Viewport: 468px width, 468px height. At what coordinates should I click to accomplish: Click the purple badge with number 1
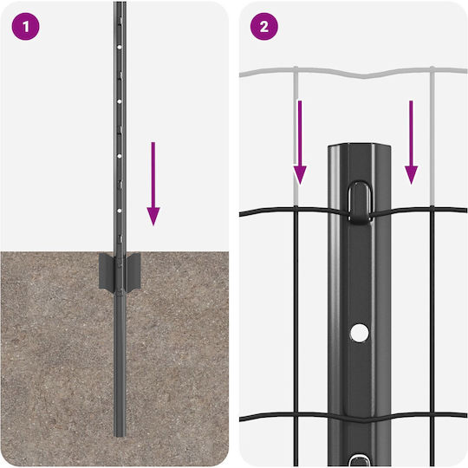pyautogui.click(x=25, y=27)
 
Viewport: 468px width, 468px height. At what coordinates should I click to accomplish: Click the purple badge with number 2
pyautogui.click(x=263, y=27)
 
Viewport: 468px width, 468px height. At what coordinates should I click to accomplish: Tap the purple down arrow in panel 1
pyautogui.click(x=153, y=184)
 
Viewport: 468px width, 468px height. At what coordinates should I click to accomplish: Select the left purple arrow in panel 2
pyautogui.click(x=300, y=142)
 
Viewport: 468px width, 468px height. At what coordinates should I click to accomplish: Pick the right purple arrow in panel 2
pyautogui.click(x=412, y=142)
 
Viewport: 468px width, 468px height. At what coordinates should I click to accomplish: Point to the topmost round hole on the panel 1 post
pyautogui.click(x=120, y=47)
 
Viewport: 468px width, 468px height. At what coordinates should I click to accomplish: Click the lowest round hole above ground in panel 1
pyautogui.click(x=120, y=211)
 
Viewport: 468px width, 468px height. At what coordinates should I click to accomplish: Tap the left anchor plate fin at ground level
pyautogui.click(x=107, y=272)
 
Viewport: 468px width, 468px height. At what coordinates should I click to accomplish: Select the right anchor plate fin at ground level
pyautogui.click(x=133, y=272)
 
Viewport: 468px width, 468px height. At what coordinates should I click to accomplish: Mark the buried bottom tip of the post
pyautogui.click(x=120, y=435)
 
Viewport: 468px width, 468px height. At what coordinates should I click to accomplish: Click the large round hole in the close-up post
pyautogui.click(x=360, y=333)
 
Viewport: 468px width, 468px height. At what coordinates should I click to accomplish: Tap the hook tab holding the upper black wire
pyautogui.click(x=360, y=201)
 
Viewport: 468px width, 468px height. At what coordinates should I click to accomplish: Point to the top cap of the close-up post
pyautogui.click(x=360, y=147)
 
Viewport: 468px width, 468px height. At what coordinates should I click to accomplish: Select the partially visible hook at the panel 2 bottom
pyautogui.click(x=360, y=460)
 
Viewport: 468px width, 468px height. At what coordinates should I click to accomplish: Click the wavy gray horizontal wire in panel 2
pyautogui.click(x=354, y=72)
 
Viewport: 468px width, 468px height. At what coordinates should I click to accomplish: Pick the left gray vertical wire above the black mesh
pyautogui.click(x=296, y=136)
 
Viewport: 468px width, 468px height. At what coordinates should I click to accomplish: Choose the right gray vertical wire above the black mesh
pyautogui.click(x=432, y=136)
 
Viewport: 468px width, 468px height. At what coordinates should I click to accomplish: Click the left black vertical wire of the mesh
pyautogui.click(x=296, y=336)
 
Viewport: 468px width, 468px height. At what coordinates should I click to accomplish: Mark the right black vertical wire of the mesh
pyautogui.click(x=432, y=336)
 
